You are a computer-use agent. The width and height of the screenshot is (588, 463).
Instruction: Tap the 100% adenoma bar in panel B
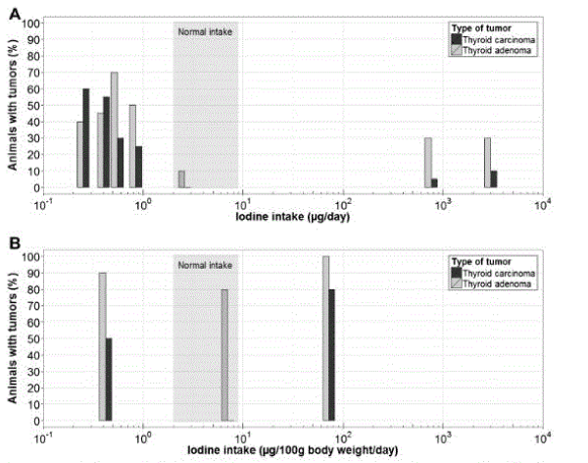(x=325, y=338)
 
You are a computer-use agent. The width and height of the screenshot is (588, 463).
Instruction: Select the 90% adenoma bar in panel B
(x=102, y=347)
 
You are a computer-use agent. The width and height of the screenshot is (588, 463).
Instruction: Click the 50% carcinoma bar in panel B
(x=109, y=380)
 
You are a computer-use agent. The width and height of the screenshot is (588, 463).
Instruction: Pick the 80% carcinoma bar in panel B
(x=332, y=355)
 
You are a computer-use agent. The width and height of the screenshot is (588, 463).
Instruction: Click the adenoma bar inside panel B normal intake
(x=224, y=355)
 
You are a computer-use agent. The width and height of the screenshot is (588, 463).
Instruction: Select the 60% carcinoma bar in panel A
(x=86, y=137)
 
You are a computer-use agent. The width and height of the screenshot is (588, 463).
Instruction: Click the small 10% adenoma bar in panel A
(x=181, y=179)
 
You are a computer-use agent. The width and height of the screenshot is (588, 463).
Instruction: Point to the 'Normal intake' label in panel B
(x=205, y=266)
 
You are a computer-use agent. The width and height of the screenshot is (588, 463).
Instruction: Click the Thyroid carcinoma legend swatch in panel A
(x=456, y=39)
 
